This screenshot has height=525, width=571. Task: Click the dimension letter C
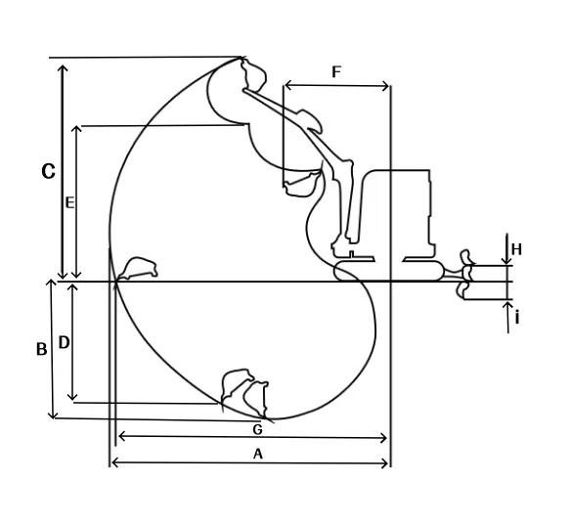(48, 171)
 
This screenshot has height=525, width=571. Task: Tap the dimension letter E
(69, 202)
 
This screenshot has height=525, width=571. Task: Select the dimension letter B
(41, 349)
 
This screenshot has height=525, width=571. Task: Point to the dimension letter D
(64, 342)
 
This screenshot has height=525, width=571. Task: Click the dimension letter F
(336, 72)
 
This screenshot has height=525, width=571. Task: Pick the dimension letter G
(257, 429)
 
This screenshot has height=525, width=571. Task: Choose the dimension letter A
(258, 454)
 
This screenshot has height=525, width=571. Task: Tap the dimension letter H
(516, 249)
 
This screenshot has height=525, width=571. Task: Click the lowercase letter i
(517, 318)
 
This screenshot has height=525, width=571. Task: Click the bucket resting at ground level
(137, 269)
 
